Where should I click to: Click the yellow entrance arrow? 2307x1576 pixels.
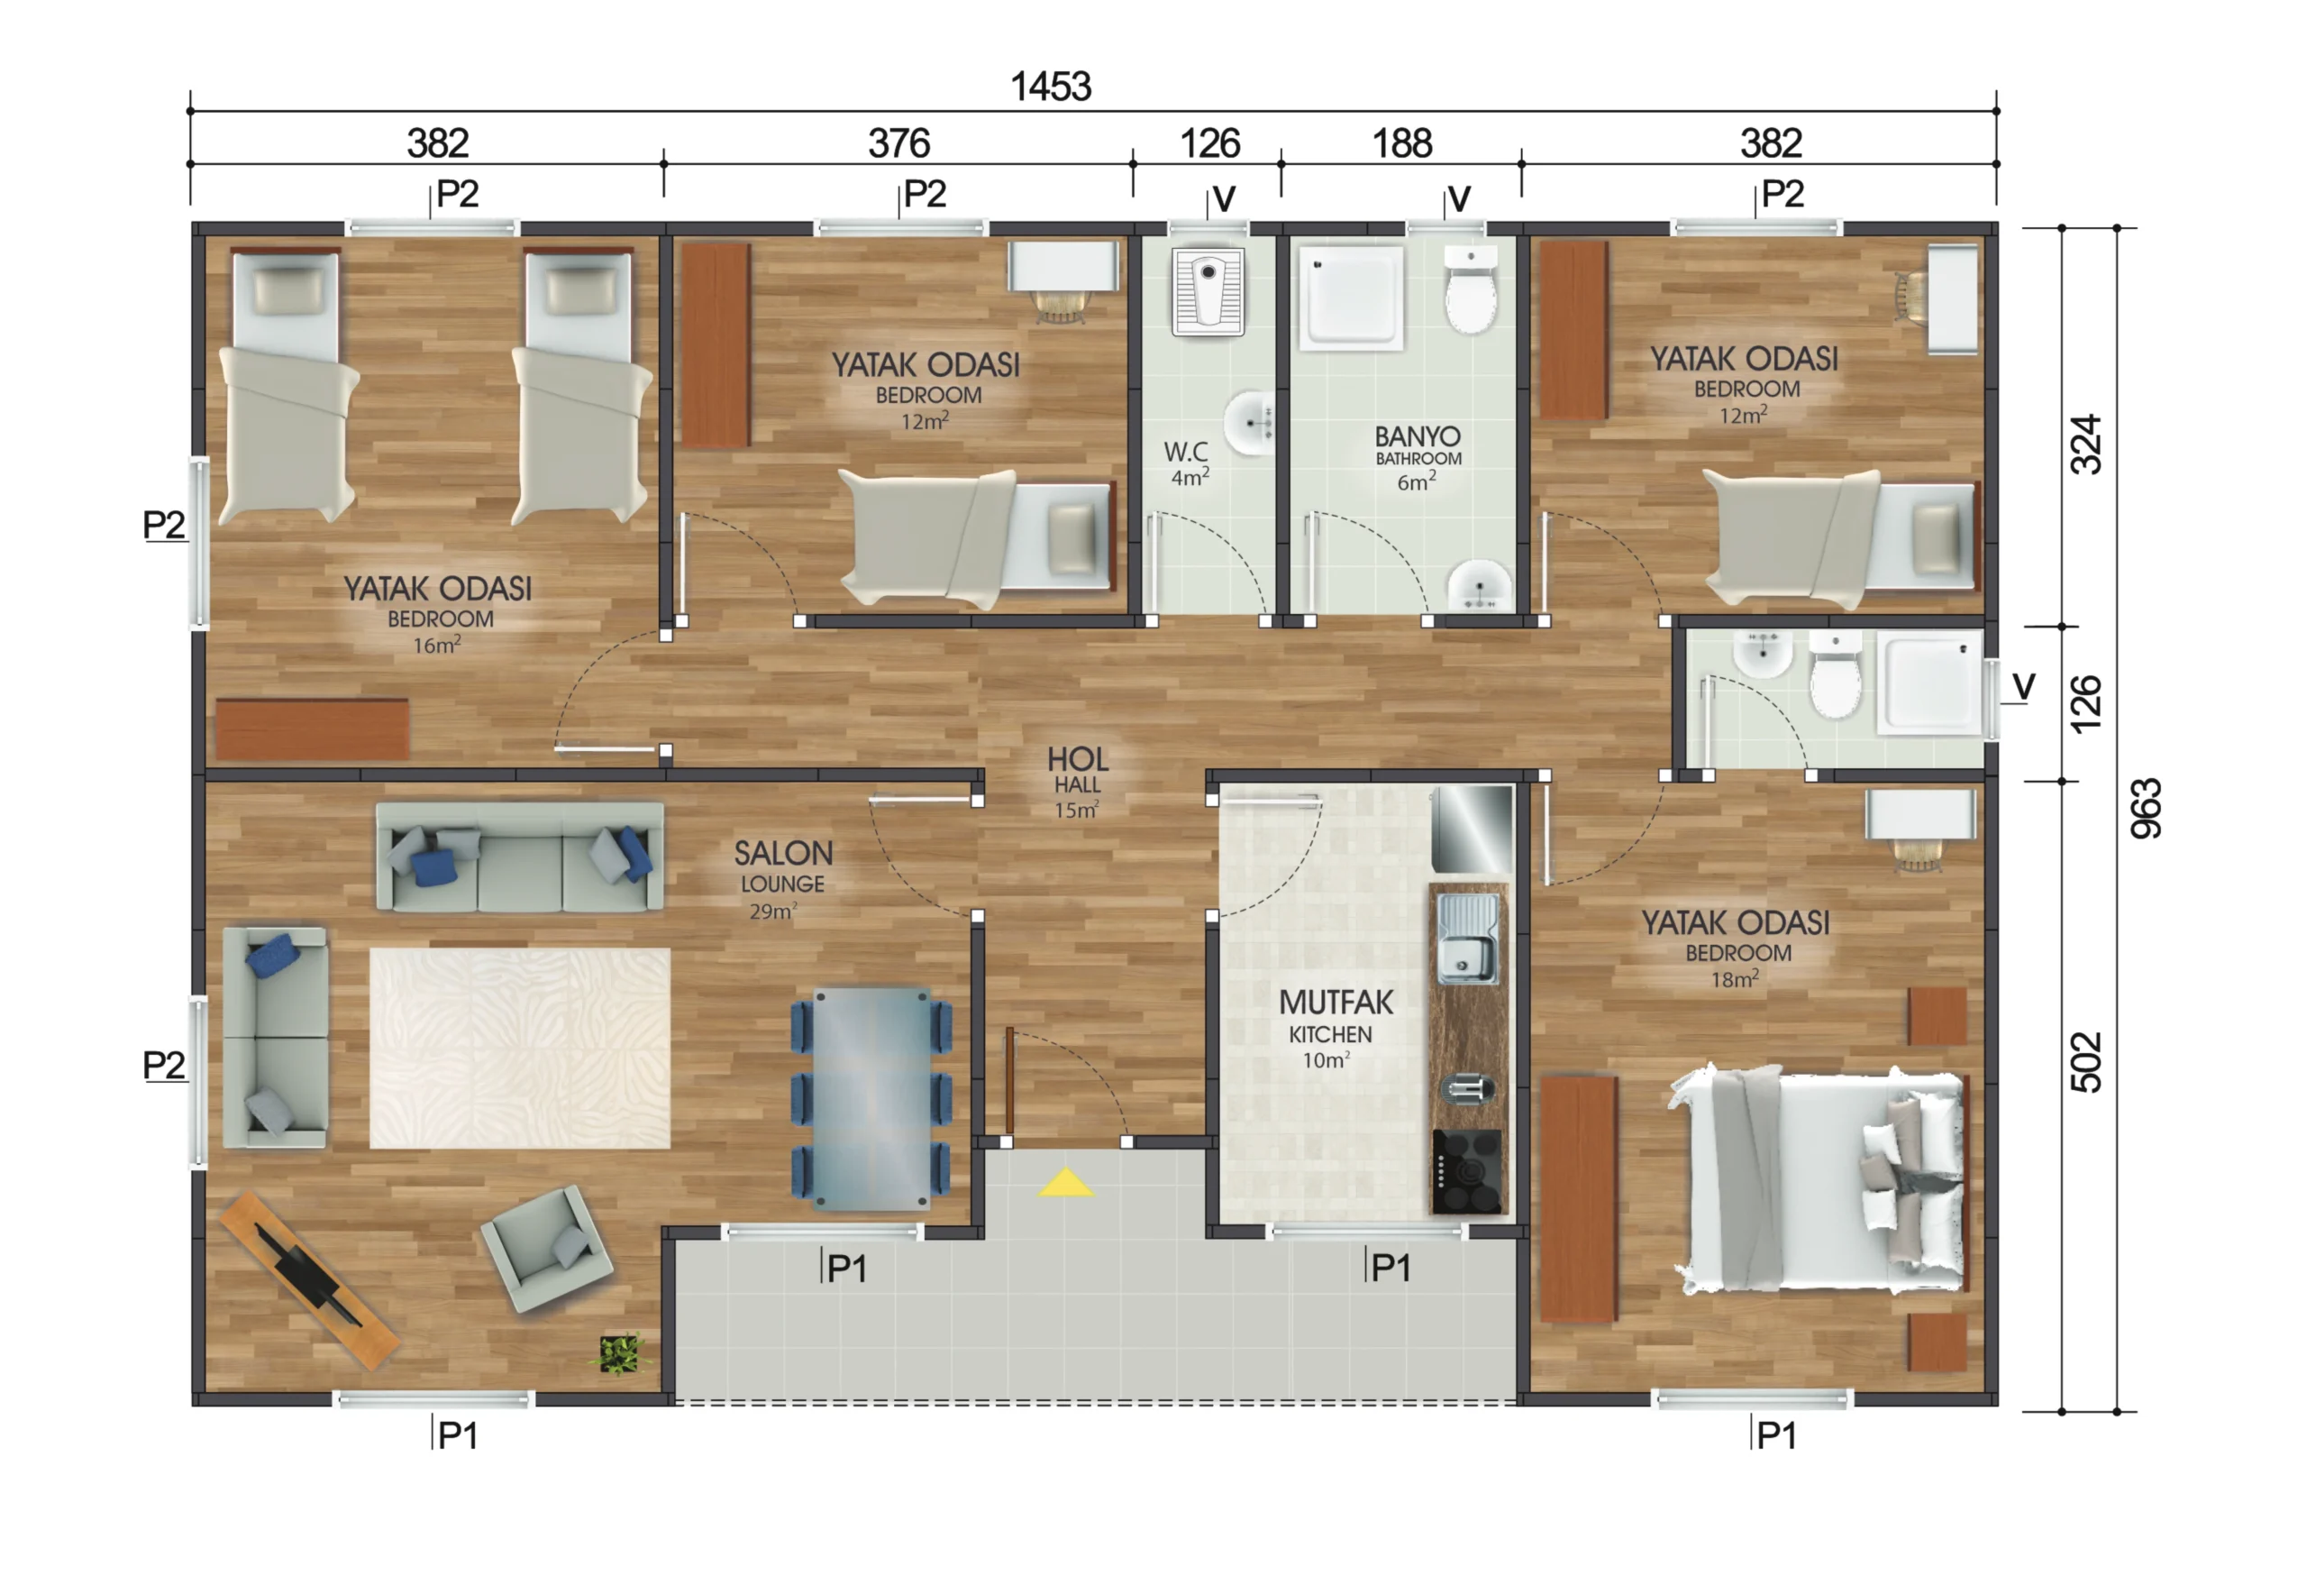click(1065, 1183)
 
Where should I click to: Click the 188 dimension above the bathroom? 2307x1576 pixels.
click(1401, 144)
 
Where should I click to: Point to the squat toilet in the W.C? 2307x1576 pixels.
click(1208, 292)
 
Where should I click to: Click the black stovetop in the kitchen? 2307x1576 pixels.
click(1466, 1172)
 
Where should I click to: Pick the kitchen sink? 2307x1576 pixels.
click(1468, 938)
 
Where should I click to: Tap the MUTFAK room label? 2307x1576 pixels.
click(1336, 1002)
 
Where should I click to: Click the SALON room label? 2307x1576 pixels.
click(783, 853)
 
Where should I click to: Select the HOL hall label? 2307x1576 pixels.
click(1077, 760)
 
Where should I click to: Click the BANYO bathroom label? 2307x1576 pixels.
click(1418, 436)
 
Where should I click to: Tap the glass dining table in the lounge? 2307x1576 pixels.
click(871, 1097)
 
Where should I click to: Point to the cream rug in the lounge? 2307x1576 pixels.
click(520, 1049)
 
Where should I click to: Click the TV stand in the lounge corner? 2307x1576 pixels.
click(310, 1281)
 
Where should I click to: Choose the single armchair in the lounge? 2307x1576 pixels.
click(547, 1250)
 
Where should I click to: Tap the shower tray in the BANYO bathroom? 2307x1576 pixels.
click(1351, 298)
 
